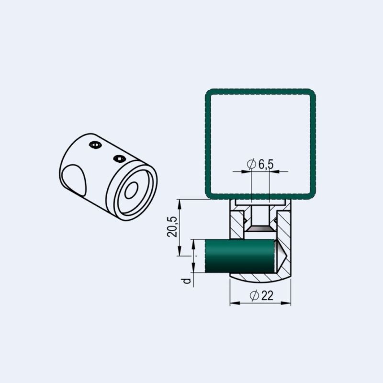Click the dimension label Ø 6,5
click(x=260, y=164)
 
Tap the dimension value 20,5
click(x=172, y=226)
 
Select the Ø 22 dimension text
click(x=261, y=295)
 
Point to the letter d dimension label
click(x=187, y=281)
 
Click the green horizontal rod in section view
click(x=239, y=256)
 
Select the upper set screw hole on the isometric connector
click(x=95, y=145)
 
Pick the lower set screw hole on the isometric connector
click(x=119, y=159)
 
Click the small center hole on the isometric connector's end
click(x=131, y=190)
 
